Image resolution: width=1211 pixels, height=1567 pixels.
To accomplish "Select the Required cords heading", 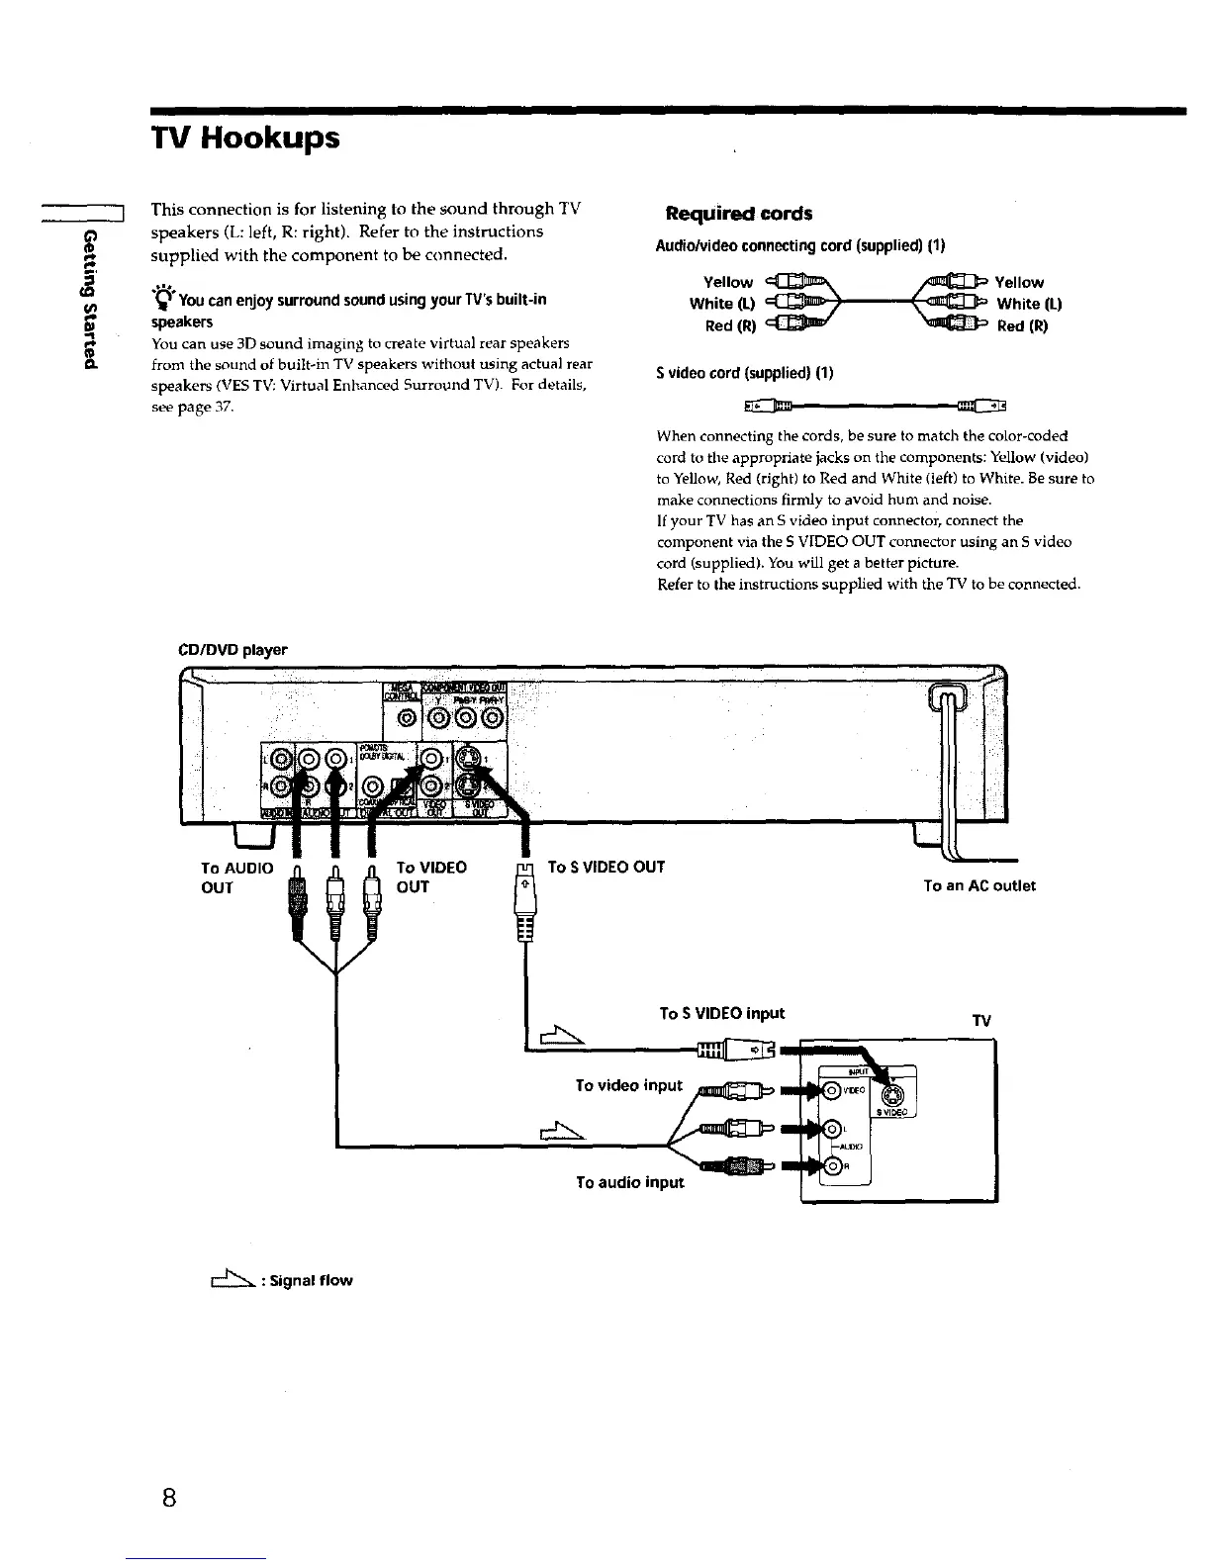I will tap(739, 214).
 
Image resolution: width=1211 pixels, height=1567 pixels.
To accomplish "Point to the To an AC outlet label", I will tap(978, 885).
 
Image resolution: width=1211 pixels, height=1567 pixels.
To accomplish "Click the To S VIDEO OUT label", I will tap(605, 867).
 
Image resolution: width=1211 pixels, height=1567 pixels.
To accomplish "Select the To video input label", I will tap(628, 1085).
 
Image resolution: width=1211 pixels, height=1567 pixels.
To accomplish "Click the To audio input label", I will tap(629, 1181).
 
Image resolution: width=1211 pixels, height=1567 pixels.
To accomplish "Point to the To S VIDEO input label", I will tap(721, 1013).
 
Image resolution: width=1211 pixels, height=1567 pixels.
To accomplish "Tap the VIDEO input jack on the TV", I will tap(832, 1091).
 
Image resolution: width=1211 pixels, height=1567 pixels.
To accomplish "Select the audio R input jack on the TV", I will tap(833, 1165).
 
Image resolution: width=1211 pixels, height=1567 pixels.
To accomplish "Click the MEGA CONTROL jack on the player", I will tap(404, 714).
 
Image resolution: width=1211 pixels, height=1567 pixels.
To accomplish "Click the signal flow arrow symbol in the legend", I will tap(226, 1280).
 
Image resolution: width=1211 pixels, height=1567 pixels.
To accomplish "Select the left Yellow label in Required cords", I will tap(727, 282).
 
